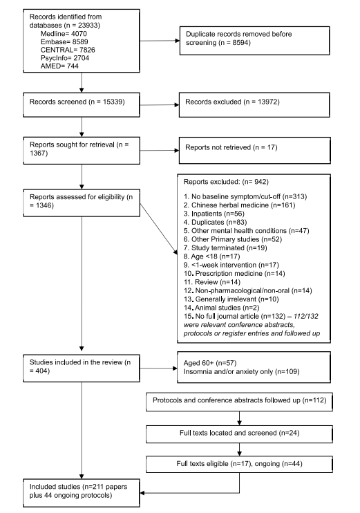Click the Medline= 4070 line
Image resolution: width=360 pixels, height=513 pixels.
click(64, 33)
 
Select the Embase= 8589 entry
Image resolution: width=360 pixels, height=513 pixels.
click(64, 41)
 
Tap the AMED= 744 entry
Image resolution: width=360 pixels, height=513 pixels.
click(59, 66)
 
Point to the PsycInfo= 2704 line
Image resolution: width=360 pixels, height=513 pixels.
click(65, 58)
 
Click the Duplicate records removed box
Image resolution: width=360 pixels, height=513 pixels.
click(255, 41)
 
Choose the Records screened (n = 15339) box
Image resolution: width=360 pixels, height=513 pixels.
click(82, 104)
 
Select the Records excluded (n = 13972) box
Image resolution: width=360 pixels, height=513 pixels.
click(254, 104)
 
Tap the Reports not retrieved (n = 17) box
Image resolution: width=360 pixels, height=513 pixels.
click(255, 150)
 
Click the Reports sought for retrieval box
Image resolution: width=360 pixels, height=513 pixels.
click(82, 151)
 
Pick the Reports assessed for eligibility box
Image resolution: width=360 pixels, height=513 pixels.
click(82, 203)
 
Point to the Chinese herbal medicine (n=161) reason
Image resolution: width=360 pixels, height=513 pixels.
click(239, 205)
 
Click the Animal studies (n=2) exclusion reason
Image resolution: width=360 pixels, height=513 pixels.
click(221, 308)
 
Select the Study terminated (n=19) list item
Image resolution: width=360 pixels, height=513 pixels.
click(225, 248)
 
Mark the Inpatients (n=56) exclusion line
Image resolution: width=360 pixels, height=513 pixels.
click(214, 214)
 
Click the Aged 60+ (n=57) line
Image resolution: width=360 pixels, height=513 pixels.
click(210, 363)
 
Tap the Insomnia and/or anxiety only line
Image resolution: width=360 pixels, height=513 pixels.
click(241, 371)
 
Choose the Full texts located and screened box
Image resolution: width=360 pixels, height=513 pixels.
click(239, 434)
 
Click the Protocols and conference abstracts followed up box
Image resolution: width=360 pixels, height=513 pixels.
click(239, 402)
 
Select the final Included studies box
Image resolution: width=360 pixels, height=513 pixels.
click(82, 493)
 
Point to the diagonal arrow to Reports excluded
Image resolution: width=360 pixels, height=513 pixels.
click(159, 229)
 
